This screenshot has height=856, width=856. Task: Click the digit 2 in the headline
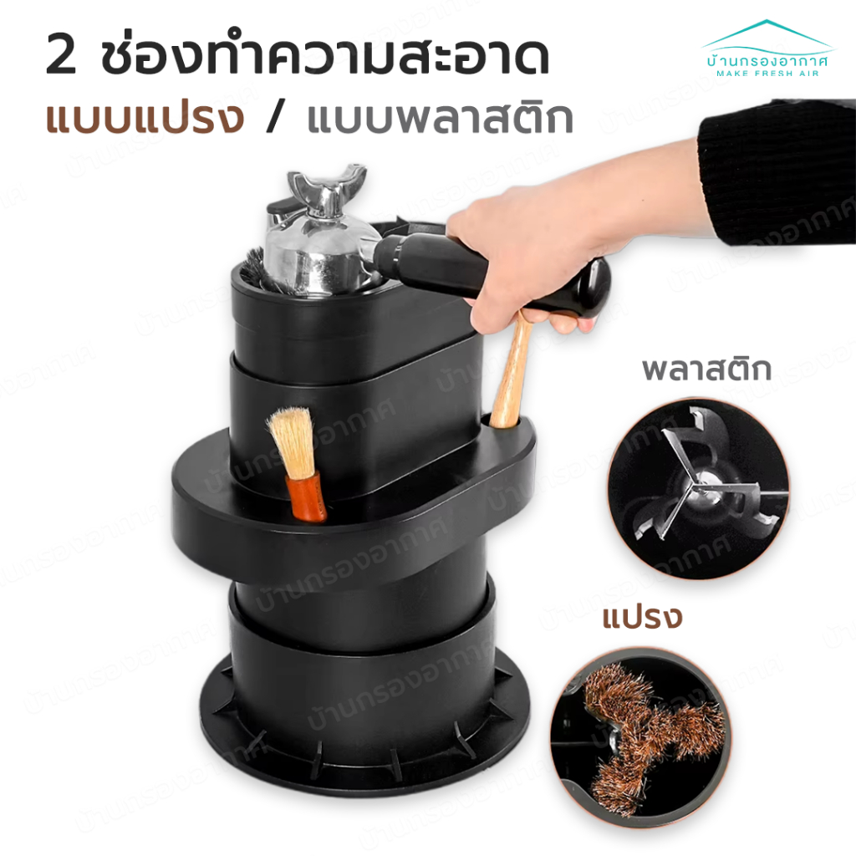click(x=61, y=56)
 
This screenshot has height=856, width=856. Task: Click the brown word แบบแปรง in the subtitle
click(x=145, y=117)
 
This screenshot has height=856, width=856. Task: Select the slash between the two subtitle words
click(x=276, y=117)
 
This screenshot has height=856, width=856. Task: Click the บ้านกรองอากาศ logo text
click(x=767, y=59)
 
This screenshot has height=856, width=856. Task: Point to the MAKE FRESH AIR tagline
click(x=767, y=74)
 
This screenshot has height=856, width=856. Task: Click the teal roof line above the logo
click(x=767, y=33)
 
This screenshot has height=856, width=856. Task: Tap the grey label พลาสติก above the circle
click(x=706, y=369)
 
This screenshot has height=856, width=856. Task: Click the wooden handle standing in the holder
click(x=512, y=371)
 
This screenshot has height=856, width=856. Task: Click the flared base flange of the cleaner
click(x=364, y=726)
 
